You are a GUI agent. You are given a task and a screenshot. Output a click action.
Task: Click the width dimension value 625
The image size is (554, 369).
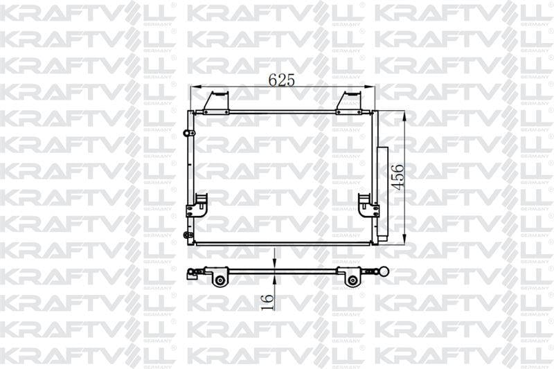pos(282,80)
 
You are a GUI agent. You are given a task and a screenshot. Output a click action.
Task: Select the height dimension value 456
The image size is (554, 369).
pos(399,177)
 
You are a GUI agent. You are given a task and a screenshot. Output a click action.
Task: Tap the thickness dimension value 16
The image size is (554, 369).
pos(268,302)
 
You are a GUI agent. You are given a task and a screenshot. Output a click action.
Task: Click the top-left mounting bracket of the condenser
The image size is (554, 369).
pos(215,102)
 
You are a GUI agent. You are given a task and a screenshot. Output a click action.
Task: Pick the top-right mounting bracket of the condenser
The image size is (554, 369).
pos(349,102)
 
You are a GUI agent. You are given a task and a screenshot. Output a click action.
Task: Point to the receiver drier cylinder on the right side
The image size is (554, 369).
pos(383,195)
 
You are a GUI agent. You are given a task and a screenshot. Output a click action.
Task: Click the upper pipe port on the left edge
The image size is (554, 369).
pos(188,133)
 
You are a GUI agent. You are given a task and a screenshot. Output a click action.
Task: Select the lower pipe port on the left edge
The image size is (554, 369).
pos(188,235)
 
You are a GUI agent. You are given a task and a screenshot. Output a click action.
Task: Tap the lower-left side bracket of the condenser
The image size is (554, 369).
pos(195,206)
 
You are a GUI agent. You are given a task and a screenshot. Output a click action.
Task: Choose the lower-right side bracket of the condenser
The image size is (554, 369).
pos(368,206)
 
